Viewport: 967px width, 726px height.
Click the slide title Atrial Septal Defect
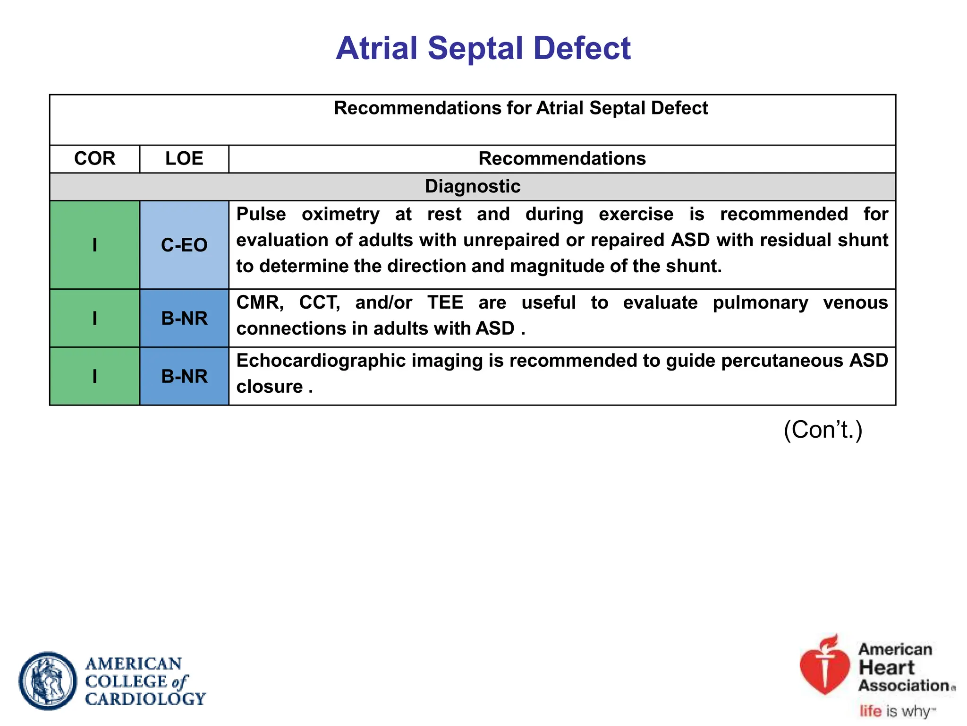(483, 48)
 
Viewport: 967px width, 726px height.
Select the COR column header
(94, 158)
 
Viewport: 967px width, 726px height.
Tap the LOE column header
(184, 158)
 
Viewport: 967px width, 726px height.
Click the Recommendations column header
(562, 158)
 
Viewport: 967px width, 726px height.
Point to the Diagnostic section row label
(472, 186)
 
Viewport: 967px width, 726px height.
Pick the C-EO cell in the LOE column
(184, 245)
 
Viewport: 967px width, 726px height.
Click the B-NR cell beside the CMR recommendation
(184, 318)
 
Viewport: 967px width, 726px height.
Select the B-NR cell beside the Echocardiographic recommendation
(184, 376)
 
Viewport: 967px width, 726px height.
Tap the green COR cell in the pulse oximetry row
(94, 245)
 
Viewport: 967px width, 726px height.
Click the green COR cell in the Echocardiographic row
(94, 376)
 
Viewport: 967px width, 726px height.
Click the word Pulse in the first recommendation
(261, 214)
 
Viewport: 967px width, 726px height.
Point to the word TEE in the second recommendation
(445, 302)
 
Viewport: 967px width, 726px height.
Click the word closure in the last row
(270, 387)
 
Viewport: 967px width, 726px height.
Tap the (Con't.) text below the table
(823, 430)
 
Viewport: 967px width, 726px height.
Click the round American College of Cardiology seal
(48, 681)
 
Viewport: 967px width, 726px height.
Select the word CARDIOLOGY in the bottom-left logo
(145, 699)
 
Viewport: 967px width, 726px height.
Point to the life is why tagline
(896, 711)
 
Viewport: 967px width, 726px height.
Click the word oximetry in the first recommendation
(340, 214)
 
